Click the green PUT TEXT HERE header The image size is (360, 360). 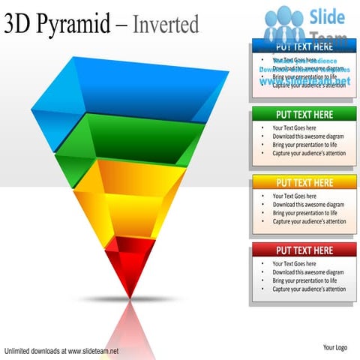pyautogui.click(x=304, y=115)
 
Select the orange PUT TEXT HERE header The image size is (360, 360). pyautogui.click(x=304, y=182)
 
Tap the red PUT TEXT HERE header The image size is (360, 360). pyautogui.click(x=304, y=250)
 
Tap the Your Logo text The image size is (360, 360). pyautogui.click(x=334, y=347)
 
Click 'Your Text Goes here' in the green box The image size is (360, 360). pyautogui.click(x=294, y=128)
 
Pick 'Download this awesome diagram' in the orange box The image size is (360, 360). pyautogui.click(x=308, y=205)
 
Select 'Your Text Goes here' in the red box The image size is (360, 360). pyautogui.click(x=294, y=264)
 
